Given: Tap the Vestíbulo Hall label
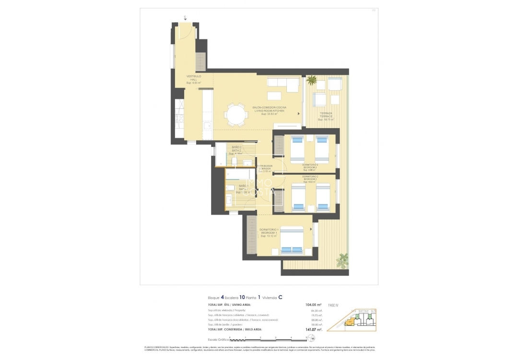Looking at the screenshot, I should point(194,79).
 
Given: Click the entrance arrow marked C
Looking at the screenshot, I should point(185,18).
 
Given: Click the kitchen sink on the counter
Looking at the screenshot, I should point(206,127).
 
